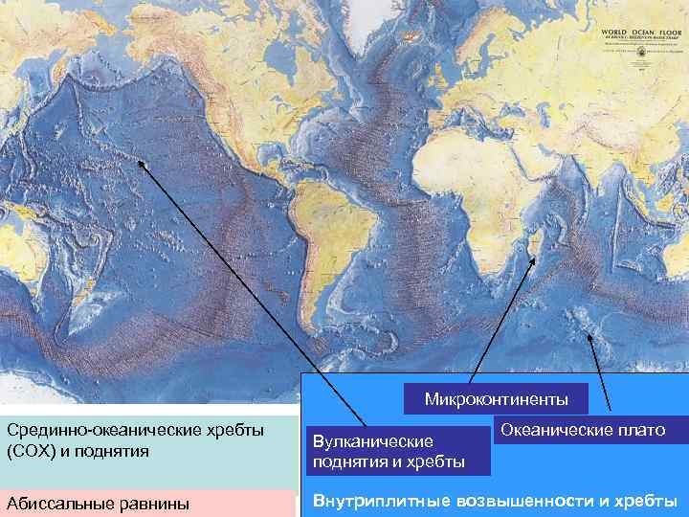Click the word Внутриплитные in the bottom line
[376, 501]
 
